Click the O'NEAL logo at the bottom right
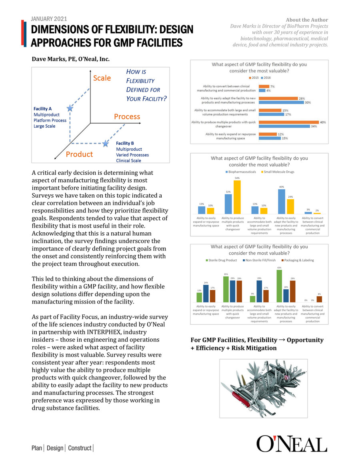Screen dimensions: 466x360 pyautogui.click(x=292, y=444)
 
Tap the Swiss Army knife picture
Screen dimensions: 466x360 pyautogui.click(x=264, y=388)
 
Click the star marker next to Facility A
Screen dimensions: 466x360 pyautogui.click(x=70, y=108)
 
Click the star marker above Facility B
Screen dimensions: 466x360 pyautogui.click(x=105, y=143)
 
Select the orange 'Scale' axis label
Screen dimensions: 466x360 pyautogui.click(x=102, y=78)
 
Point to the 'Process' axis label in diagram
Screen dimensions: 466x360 pyautogui.click(x=127, y=117)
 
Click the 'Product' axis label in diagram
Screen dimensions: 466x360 pyautogui.click(x=79, y=154)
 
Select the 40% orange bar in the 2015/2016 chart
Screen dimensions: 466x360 pyautogui.click(x=288, y=122)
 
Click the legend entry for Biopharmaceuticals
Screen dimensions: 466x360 pyautogui.click(x=240, y=172)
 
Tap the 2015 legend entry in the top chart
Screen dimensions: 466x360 pyautogui.click(x=253, y=78)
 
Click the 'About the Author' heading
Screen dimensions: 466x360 pyautogui.click(x=307, y=20)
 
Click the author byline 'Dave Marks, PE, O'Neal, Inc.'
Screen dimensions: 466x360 pyautogui.click(x=71, y=59)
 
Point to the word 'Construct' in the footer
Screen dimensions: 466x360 pyautogui.click(x=80, y=448)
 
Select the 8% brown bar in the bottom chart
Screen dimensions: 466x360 pyautogui.click(x=319, y=299)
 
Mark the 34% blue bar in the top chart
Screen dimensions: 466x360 pyautogui.click(x=284, y=126)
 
